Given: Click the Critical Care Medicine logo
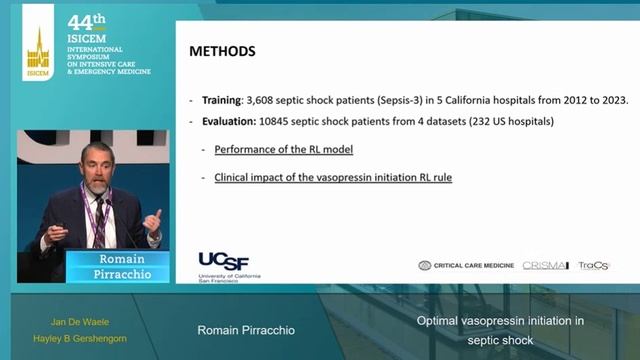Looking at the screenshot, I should (x=466, y=265).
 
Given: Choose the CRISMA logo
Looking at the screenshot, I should (x=546, y=265).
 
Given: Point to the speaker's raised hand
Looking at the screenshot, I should (x=152, y=220).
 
